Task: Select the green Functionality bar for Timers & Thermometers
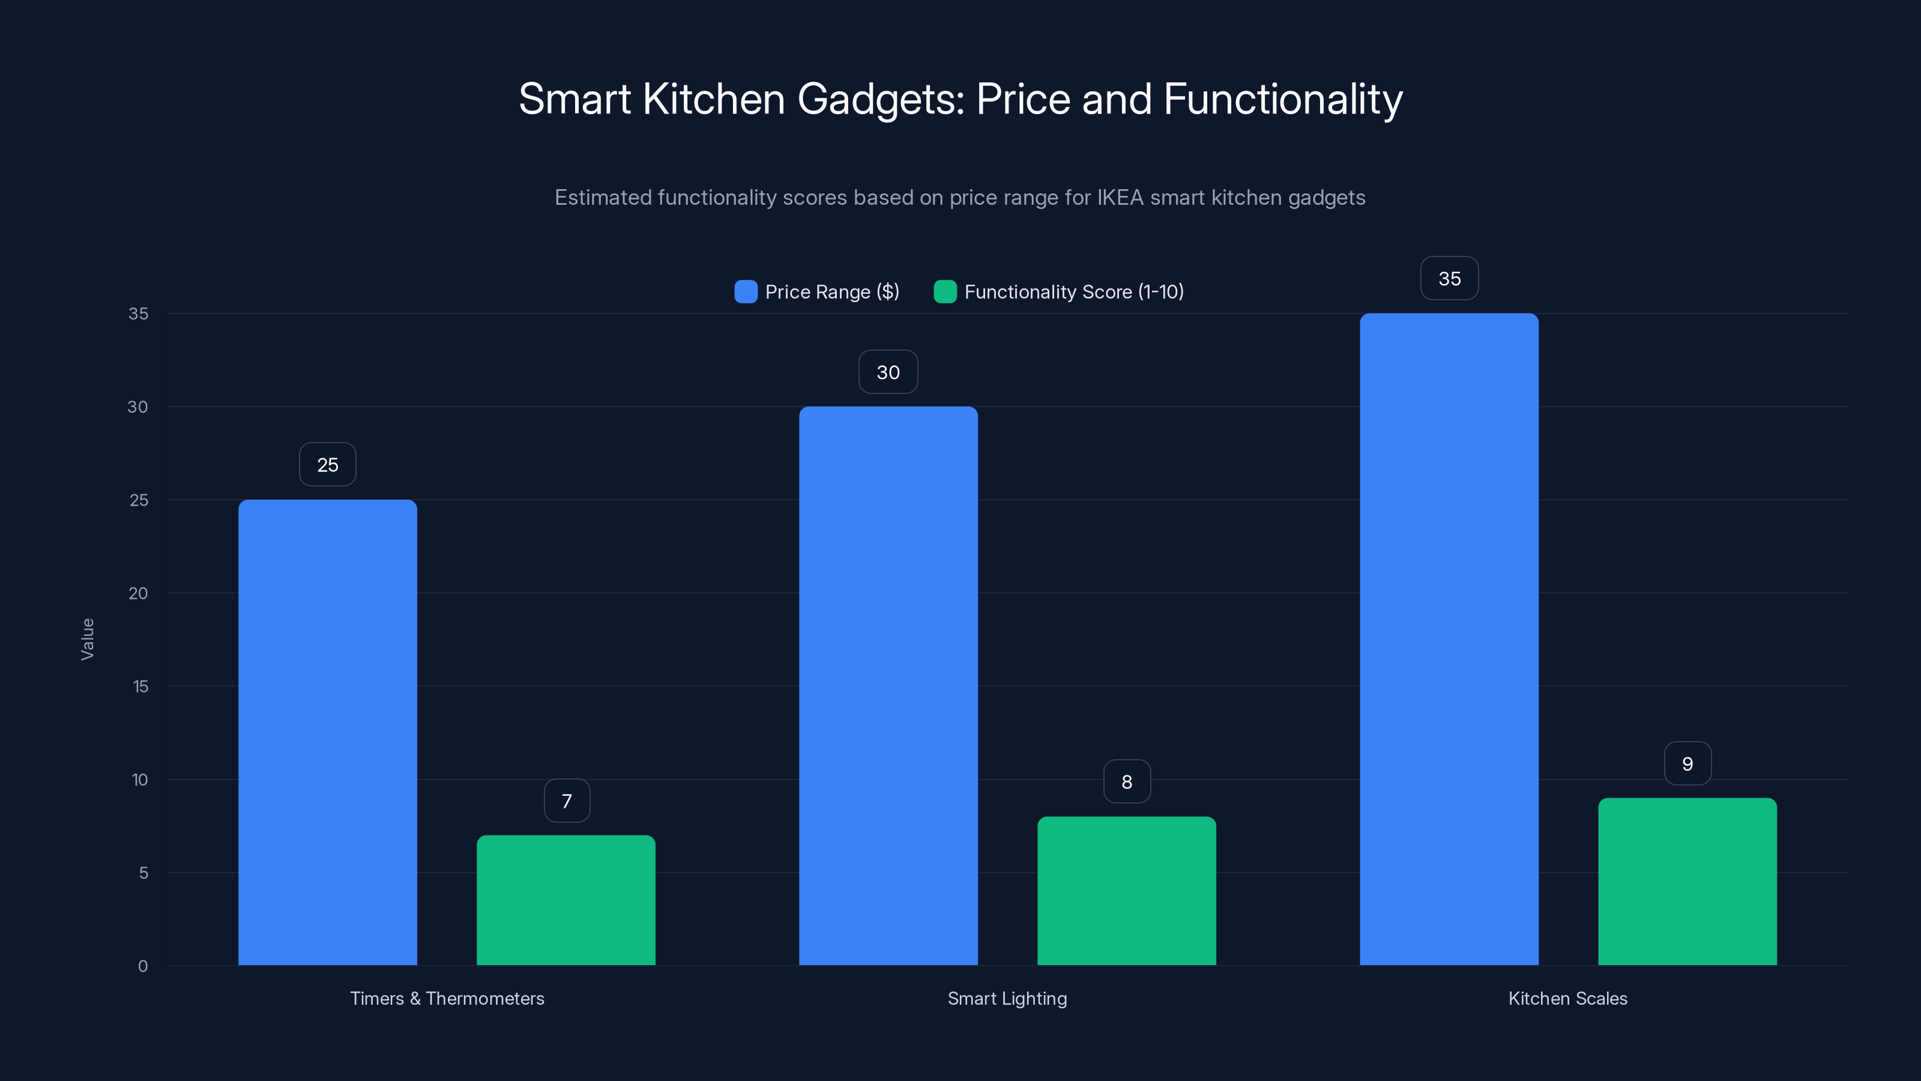pyautogui.click(x=566, y=900)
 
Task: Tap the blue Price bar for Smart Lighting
pyautogui.click(x=888, y=686)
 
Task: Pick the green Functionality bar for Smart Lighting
pyautogui.click(x=1127, y=891)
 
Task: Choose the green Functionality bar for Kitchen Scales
pyautogui.click(x=1687, y=881)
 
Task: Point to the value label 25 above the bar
pyautogui.click(x=327, y=465)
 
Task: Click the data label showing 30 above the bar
pyautogui.click(x=888, y=372)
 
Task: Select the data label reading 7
pyautogui.click(x=567, y=801)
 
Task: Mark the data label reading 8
pyautogui.click(x=1127, y=782)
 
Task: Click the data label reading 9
pyautogui.click(x=1687, y=763)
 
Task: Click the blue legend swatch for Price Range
pyautogui.click(x=746, y=292)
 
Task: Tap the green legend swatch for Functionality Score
pyautogui.click(x=945, y=292)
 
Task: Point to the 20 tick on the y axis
pyautogui.click(x=138, y=593)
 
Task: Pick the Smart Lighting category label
pyautogui.click(x=1007, y=998)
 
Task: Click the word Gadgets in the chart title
pyautogui.click(x=880, y=99)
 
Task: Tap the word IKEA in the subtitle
pyautogui.click(x=1120, y=198)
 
